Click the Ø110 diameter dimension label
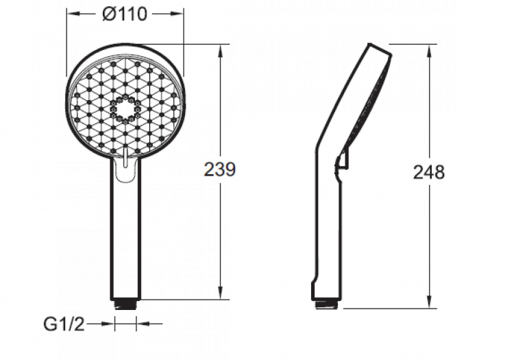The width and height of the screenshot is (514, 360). [125, 14]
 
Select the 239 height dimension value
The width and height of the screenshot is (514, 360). [220, 169]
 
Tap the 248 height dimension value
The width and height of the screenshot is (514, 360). [428, 171]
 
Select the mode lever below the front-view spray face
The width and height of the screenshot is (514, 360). [125, 167]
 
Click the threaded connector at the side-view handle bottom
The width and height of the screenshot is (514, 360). [325, 302]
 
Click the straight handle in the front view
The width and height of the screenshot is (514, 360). [125, 233]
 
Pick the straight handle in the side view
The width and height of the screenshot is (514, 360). [328, 233]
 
